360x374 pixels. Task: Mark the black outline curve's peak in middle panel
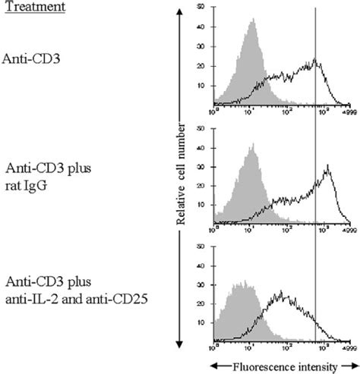[327, 165]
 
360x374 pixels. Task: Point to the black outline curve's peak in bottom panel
[283, 291]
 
